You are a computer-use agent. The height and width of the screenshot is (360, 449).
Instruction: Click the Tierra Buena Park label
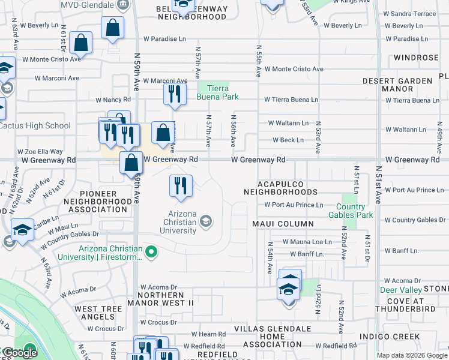coord(218,92)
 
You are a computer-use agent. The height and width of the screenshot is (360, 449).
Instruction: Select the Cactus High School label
coord(35,126)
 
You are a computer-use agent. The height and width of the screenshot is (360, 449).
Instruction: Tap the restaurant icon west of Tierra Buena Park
coord(175,94)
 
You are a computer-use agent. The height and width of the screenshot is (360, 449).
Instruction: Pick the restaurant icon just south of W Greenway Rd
coord(181,186)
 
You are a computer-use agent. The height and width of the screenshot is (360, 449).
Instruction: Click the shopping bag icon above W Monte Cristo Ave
coord(81,43)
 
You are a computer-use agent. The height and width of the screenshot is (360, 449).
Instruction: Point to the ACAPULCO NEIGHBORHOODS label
coord(280,188)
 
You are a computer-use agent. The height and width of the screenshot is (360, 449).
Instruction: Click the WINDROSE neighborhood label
coord(417,58)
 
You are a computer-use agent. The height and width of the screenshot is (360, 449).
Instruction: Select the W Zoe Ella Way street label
coord(40,152)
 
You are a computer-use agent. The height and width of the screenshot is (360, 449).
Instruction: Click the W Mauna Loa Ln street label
coord(307,242)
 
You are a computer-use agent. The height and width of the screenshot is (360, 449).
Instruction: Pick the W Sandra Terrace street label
coord(409,13)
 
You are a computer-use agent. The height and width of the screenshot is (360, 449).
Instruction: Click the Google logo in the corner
coord(20,353)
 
